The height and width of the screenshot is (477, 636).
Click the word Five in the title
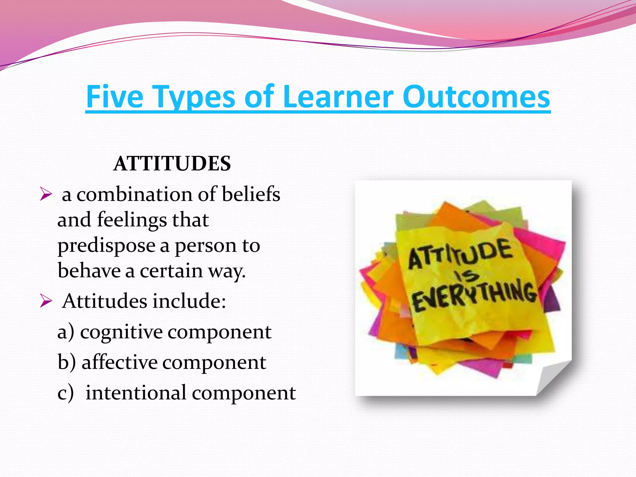115,97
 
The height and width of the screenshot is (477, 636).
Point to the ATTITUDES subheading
172,164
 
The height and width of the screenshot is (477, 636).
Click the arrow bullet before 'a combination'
46,195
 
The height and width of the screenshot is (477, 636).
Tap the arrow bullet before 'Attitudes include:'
46,301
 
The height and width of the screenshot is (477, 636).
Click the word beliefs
251,194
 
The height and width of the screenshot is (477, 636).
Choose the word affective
120,362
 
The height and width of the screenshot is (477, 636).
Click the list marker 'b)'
66,362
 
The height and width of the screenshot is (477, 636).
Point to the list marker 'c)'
66,393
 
